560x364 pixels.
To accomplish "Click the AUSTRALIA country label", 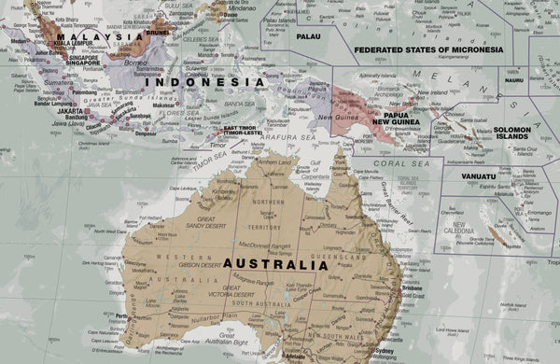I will point(275,264).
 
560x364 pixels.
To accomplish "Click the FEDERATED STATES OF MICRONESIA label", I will point(428,49).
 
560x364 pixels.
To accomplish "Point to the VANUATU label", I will point(478,175).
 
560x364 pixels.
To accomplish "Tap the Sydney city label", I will point(383,351).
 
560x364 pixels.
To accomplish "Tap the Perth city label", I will point(121,315).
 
